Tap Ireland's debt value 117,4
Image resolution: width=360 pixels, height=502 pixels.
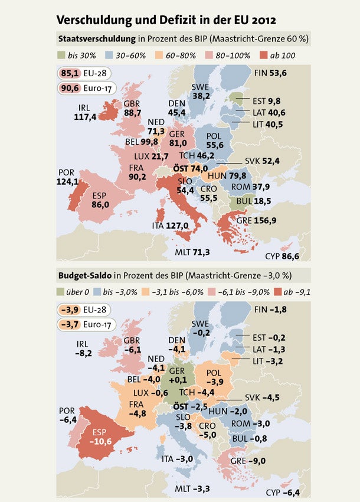click(86, 117)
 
